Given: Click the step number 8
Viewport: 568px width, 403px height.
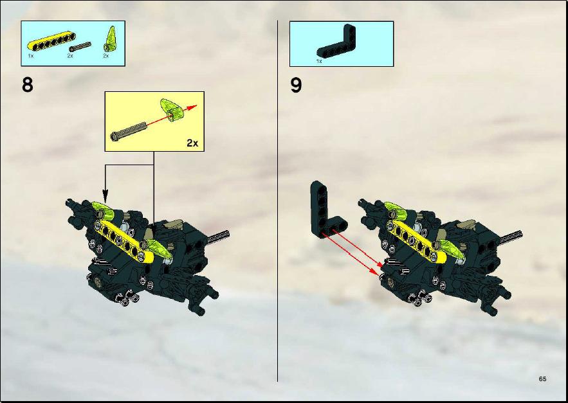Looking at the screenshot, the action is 28,85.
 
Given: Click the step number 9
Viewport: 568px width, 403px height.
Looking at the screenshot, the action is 296,86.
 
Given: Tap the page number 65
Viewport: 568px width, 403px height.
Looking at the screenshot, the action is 542,379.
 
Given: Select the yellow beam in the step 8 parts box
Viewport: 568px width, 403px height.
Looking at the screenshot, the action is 51,41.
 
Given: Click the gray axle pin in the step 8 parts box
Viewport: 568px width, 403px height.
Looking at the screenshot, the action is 80,47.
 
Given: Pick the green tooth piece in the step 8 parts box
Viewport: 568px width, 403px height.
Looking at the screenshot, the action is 110,38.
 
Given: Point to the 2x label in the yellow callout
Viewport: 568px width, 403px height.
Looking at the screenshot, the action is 192,143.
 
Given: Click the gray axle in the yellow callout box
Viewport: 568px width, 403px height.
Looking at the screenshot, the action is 129,131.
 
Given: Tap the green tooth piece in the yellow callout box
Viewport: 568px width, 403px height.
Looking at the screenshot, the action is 172,109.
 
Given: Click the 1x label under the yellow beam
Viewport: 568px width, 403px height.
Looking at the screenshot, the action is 31,56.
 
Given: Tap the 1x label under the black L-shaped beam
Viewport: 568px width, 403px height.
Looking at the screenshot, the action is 319,61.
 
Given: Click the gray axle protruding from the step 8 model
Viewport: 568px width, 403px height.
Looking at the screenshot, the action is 219,236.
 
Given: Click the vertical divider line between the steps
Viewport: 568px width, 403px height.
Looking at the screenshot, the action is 277,201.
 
